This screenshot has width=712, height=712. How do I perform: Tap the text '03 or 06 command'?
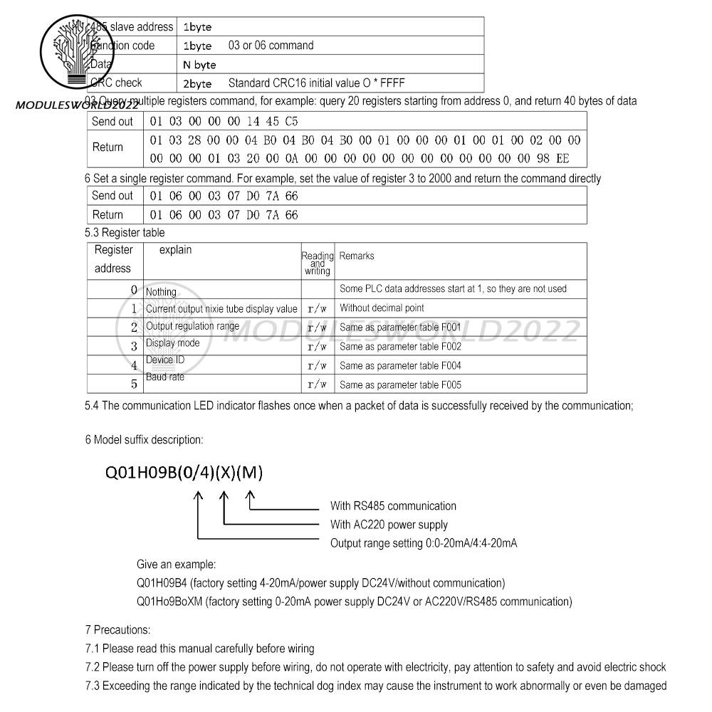coord(271,46)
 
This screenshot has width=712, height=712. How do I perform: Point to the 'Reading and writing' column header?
coord(318,263)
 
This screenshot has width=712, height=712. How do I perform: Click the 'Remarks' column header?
coord(357,256)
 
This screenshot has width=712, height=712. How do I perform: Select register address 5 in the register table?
coord(133,384)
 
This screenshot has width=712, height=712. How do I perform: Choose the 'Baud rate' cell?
coord(165,377)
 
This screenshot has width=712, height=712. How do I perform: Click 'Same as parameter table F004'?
coord(400,366)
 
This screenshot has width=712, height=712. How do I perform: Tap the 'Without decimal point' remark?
coord(382,308)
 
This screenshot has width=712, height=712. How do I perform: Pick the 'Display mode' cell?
coord(173,342)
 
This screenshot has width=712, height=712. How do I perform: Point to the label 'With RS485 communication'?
coord(393,506)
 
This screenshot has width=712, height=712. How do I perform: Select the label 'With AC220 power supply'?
coord(389,525)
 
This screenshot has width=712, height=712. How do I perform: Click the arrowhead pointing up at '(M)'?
coord(251,497)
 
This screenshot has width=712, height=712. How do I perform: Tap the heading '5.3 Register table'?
coord(125,233)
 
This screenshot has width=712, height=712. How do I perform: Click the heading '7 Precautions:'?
coord(117,630)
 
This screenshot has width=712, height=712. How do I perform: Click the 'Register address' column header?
coord(114,259)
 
